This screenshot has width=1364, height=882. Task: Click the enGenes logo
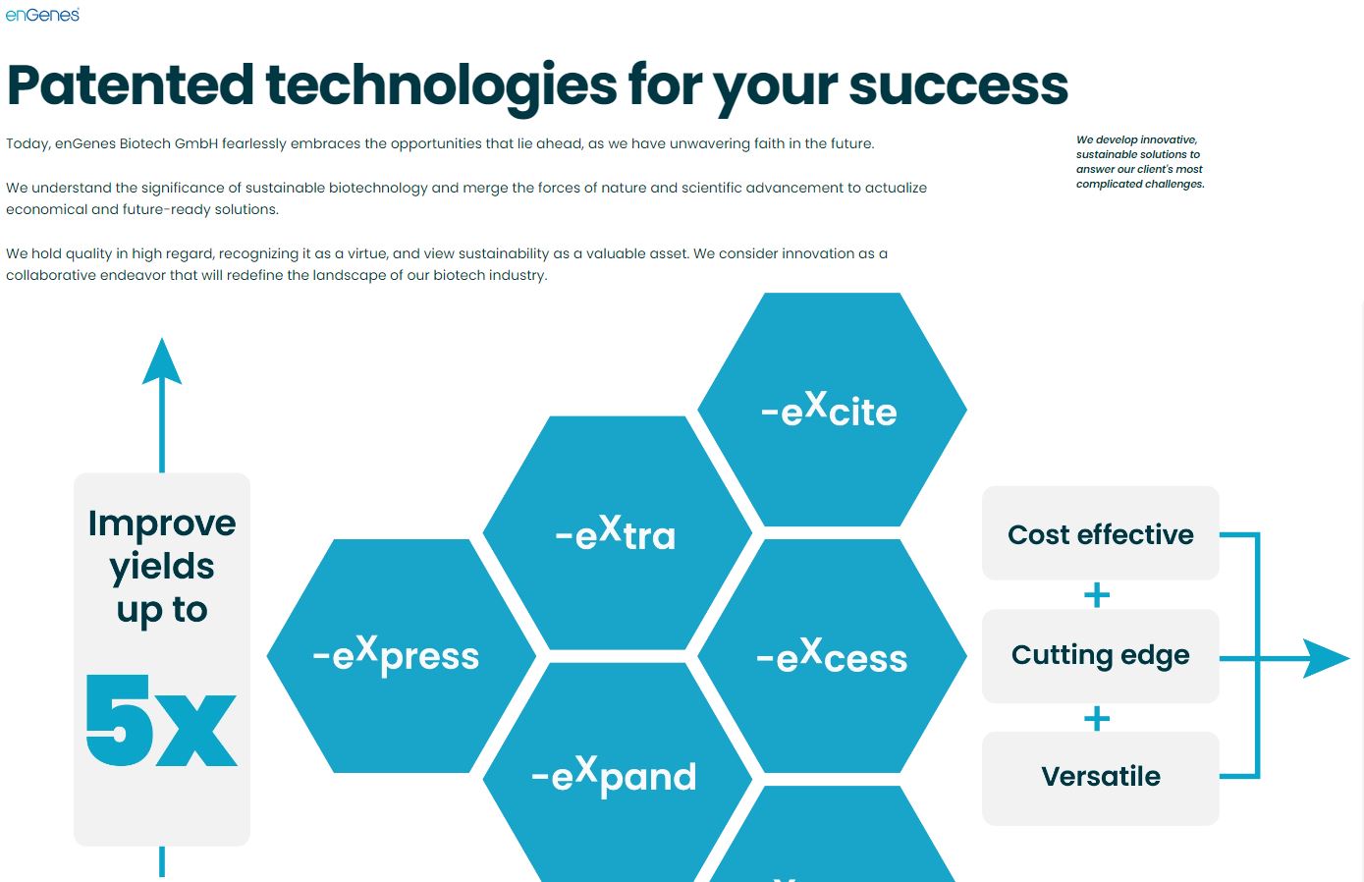pyautogui.click(x=42, y=15)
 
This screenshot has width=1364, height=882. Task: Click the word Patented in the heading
pyautogui.click(x=130, y=85)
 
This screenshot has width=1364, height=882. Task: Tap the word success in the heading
pyautogui.click(x=958, y=86)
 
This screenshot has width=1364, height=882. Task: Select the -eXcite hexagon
pyautogui.click(x=832, y=410)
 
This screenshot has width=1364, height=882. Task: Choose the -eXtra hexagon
pyautogui.click(x=618, y=533)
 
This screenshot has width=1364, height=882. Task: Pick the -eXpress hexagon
pyautogui.click(x=402, y=656)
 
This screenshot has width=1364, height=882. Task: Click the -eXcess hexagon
pyautogui.click(x=832, y=656)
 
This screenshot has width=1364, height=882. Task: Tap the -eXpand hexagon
pyautogui.click(x=618, y=772)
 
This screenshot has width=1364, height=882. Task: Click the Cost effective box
pyautogui.click(x=1101, y=533)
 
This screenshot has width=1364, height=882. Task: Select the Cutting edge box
pyautogui.click(x=1101, y=656)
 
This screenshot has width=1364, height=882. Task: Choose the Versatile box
pyautogui.click(x=1101, y=779)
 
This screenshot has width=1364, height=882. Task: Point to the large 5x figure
pyautogui.click(x=161, y=721)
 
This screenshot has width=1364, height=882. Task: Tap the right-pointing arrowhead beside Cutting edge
pyautogui.click(x=1327, y=658)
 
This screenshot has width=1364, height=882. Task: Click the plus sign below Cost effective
pyautogui.click(x=1097, y=595)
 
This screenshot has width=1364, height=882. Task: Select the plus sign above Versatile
pyautogui.click(x=1097, y=718)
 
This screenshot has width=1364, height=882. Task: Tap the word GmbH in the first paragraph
pyautogui.click(x=196, y=143)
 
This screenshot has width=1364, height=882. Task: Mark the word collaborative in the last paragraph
pyautogui.click(x=51, y=275)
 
